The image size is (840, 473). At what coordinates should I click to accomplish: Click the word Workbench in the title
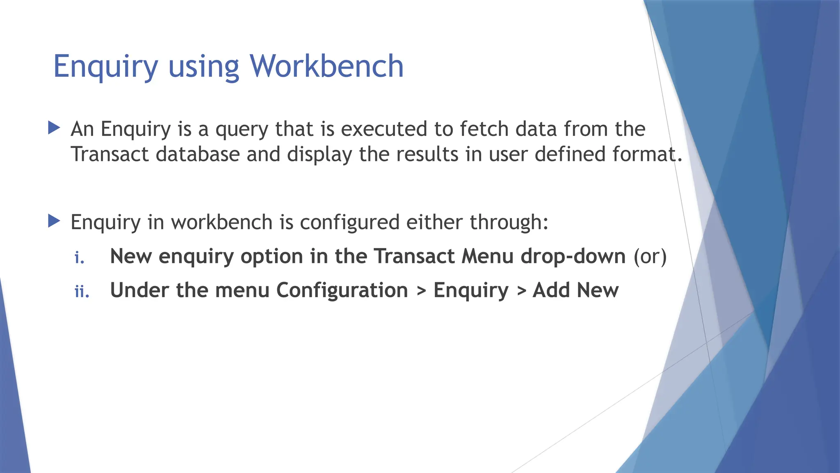[326, 66]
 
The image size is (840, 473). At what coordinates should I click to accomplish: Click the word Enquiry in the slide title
[105, 67]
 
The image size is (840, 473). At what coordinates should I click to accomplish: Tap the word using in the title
[203, 67]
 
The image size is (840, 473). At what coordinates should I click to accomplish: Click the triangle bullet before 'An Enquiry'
[54, 128]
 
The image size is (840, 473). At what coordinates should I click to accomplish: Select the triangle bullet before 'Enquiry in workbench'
[54, 221]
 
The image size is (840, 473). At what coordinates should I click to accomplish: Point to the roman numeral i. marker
[80, 258]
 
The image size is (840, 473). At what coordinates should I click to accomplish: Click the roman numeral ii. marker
[82, 292]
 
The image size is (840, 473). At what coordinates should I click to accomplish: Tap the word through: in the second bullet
[509, 223]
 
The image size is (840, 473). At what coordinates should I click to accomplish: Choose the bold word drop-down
[573, 256]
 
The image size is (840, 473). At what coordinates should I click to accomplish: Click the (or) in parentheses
[650, 256]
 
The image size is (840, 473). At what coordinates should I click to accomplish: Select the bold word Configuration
[342, 290]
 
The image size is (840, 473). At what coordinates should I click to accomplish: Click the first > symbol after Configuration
[421, 291]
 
